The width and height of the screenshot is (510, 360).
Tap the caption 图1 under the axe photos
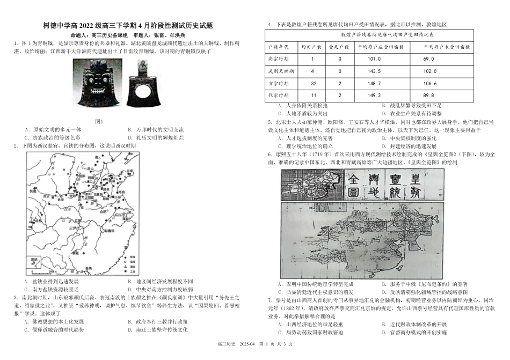point(98,121)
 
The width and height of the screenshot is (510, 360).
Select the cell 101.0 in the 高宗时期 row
point(374,58)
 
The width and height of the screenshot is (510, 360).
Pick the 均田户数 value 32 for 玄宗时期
point(313,84)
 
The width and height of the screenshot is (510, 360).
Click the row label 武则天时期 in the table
point(281,71)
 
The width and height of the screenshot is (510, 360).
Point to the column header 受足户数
point(339,47)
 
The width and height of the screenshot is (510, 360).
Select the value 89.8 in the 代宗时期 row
point(428,95)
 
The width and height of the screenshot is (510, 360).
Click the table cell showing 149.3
point(374,95)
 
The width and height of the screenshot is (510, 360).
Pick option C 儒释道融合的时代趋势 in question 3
point(55,329)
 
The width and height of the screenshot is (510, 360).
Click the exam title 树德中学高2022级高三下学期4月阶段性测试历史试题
point(128,25)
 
